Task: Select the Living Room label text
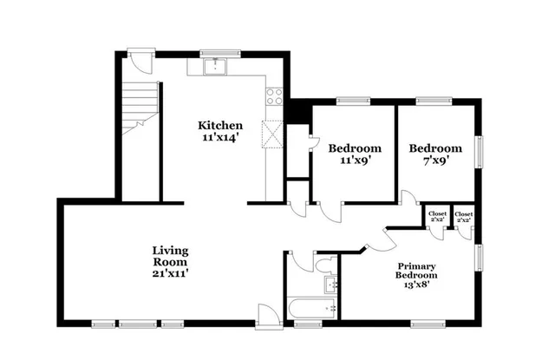click(x=170, y=256)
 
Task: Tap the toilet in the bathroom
click(x=324, y=265)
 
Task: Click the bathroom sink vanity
click(x=330, y=284)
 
